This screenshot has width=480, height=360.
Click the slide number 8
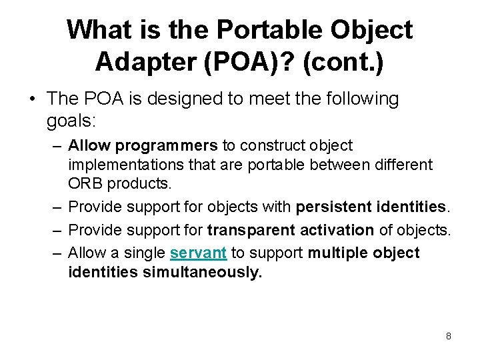point(448,336)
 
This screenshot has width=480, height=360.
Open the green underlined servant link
point(198,253)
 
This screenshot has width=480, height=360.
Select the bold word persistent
point(335,207)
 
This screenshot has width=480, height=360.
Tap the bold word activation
point(334,230)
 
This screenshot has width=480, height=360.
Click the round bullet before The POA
point(31,99)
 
